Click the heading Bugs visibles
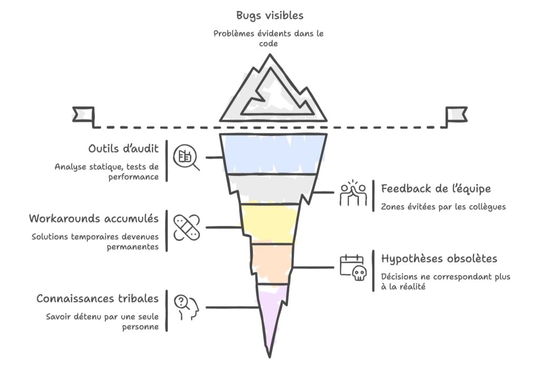pyautogui.click(x=269, y=15)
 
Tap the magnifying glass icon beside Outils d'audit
pyautogui.click(x=186, y=157)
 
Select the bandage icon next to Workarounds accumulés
pyautogui.click(x=186, y=228)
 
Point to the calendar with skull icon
pyautogui.click(x=353, y=267)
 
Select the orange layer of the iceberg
pyautogui.click(x=272, y=264)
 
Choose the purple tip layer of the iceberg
pyautogui.click(x=272, y=310)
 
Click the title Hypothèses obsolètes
pyautogui.click(x=439, y=259)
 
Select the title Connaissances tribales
pyautogui.click(x=98, y=298)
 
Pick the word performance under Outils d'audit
pyautogui.click(x=133, y=178)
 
